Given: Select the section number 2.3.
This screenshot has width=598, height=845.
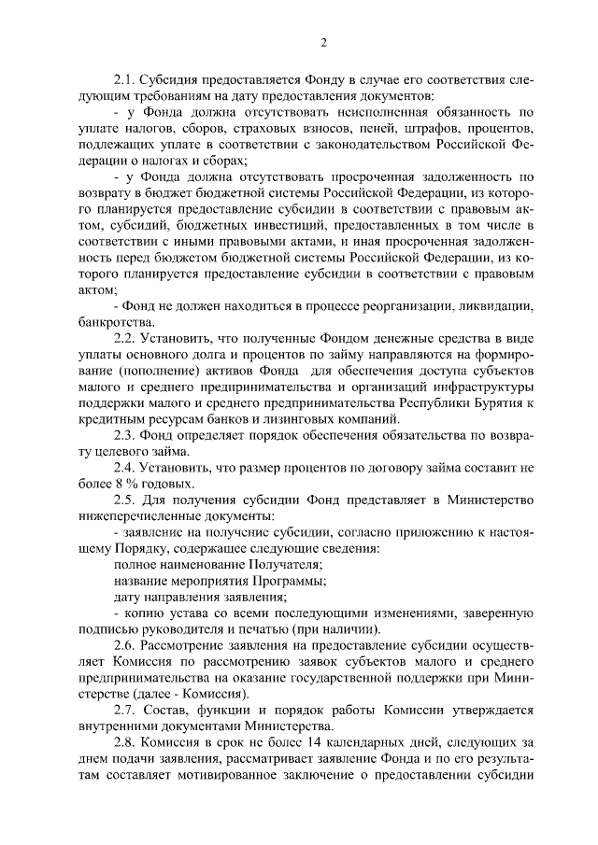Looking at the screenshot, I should [x=125, y=434].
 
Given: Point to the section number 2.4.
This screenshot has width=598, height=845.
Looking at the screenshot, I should [x=125, y=467].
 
